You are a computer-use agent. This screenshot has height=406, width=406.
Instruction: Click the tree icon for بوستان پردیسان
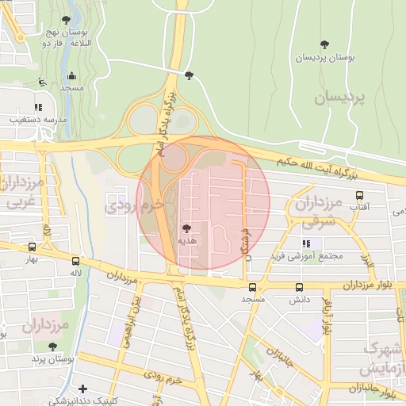coord(324,44)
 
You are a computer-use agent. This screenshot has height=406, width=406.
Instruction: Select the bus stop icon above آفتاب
coord(360,194)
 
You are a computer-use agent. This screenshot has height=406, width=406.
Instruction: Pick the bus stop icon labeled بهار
coord(32,247)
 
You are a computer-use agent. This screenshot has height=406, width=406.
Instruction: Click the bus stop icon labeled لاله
coord(76,261)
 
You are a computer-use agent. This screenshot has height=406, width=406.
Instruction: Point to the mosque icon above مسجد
coord(72,76)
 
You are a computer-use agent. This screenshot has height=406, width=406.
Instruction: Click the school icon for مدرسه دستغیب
coord(37,107)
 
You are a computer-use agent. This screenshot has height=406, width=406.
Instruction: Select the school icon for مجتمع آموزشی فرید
coord(305,243)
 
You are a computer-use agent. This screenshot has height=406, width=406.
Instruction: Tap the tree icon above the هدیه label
coord(186,227)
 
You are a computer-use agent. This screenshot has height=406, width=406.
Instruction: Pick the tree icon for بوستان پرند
coord(52,347)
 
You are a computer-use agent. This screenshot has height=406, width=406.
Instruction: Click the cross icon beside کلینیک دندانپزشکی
coord(82,388)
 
